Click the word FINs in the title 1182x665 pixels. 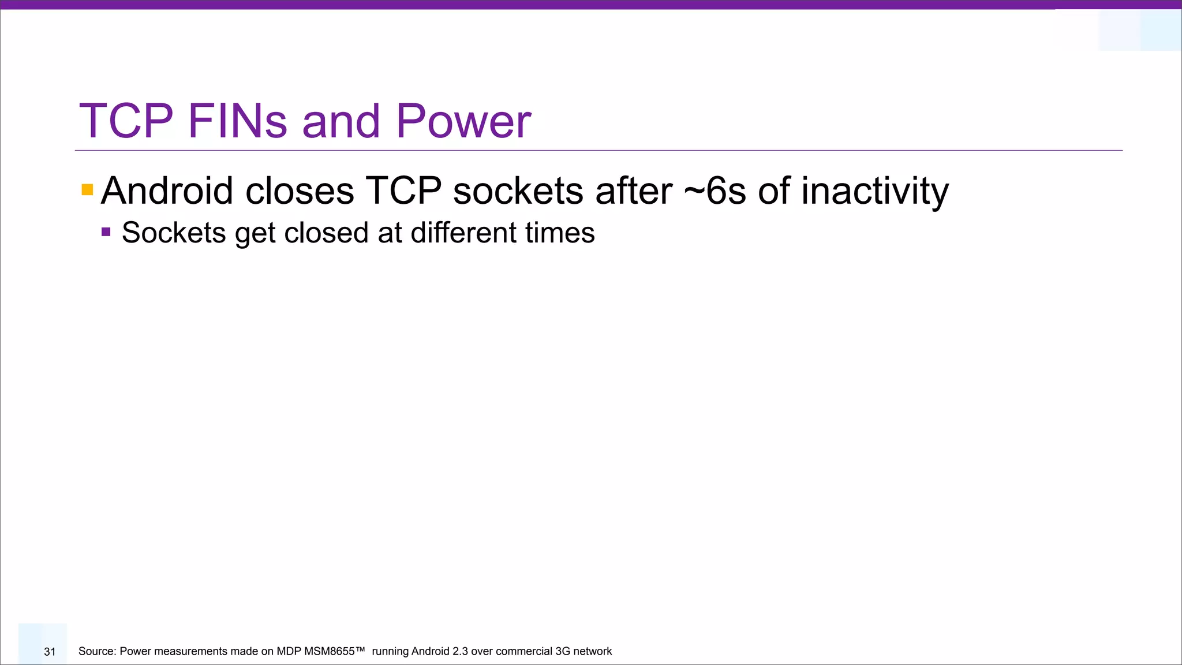click(x=237, y=121)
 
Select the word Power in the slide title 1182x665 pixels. click(x=463, y=121)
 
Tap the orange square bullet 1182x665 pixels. click(x=87, y=190)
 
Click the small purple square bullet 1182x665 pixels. click(x=106, y=232)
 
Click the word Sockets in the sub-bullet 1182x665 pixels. click(x=174, y=233)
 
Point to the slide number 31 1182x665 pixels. click(x=50, y=652)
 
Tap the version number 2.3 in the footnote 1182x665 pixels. click(x=460, y=652)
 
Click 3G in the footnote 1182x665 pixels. click(x=562, y=652)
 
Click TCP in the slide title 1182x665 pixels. click(x=126, y=121)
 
